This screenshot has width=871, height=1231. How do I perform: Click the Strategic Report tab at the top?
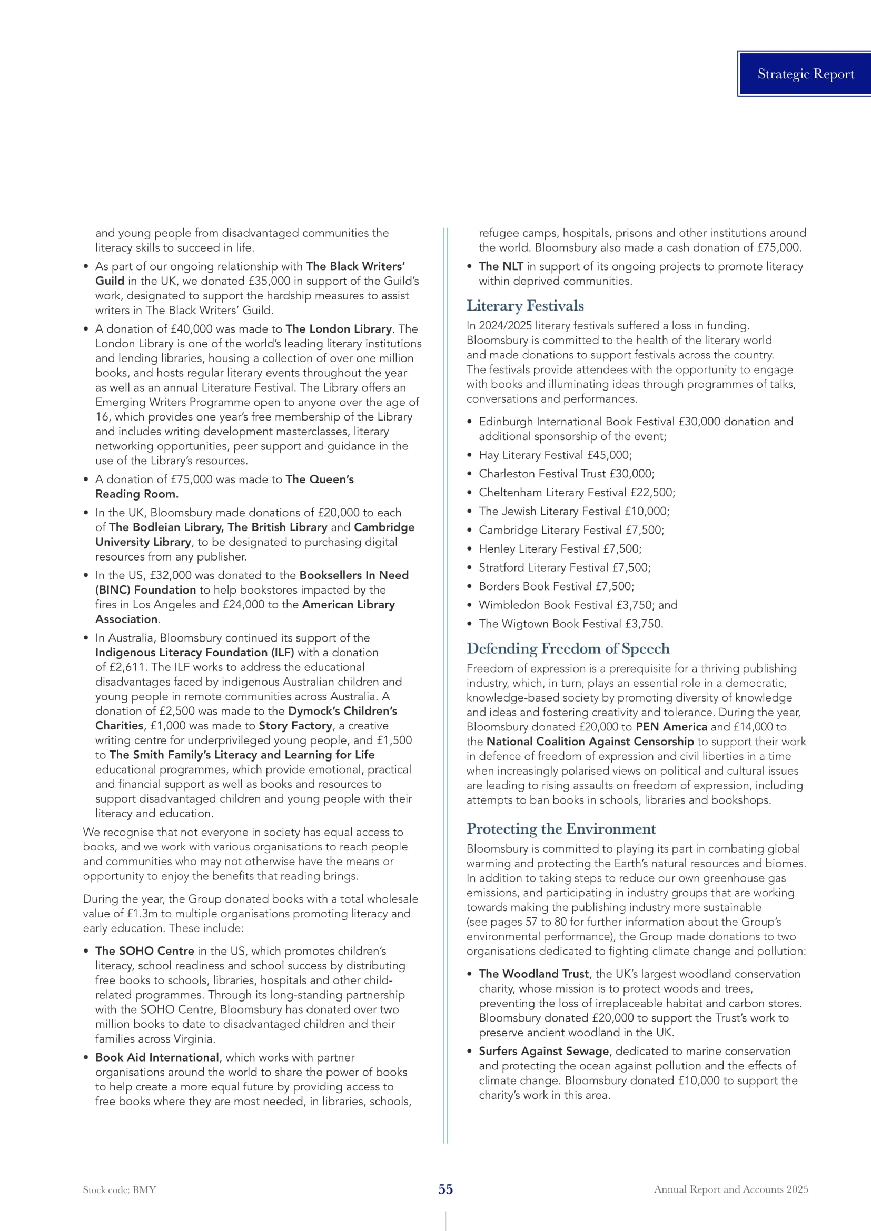point(805,74)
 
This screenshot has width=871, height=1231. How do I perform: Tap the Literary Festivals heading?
point(525,306)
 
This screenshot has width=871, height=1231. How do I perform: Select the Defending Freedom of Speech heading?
point(568,648)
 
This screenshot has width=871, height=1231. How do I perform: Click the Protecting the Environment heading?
point(561,828)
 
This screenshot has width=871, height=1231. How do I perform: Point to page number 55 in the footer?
point(446,1189)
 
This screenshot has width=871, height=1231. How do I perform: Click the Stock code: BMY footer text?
point(119,1190)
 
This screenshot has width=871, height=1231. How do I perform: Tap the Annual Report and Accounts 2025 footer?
point(730,1189)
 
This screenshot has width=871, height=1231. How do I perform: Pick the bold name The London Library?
point(339,329)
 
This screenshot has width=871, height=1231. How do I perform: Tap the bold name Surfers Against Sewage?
point(544,1052)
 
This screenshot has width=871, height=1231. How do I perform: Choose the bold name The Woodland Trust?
point(533,974)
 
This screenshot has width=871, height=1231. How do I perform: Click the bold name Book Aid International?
point(157,1057)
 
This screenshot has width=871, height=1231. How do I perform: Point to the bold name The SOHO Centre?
point(145,951)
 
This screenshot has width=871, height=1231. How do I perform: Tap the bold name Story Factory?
point(295,726)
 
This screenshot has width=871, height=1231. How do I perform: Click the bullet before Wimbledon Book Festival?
point(469,605)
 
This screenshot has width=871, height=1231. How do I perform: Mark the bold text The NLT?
point(501,266)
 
